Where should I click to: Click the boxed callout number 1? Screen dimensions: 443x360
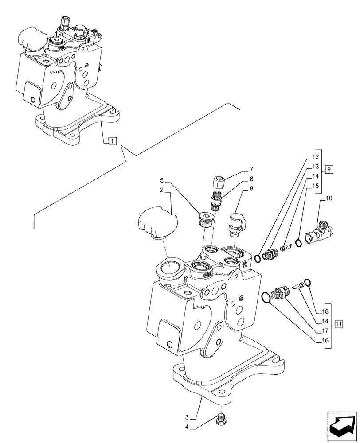tap(112, 141)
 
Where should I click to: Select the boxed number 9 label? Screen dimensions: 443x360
tap(328, 169)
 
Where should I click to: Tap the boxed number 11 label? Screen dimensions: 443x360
tap(338, 323)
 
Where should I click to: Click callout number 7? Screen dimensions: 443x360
tap(251, 169)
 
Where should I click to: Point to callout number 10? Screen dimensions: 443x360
tap(329, 198)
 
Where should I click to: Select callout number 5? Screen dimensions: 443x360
tap(162, 180)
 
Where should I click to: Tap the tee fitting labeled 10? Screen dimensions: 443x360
tap(322, 230)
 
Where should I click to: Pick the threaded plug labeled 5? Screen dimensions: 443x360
tap(205, 220)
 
